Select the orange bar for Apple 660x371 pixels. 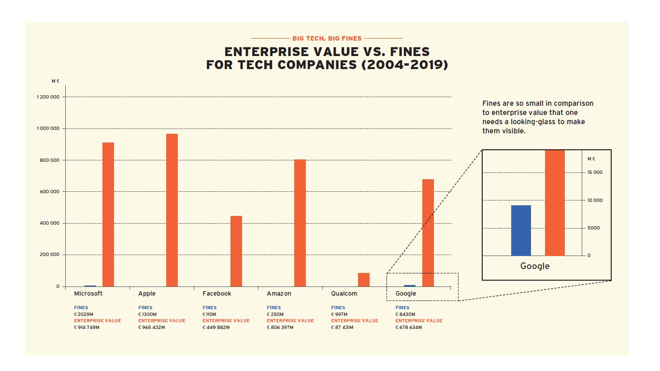pos(172,210)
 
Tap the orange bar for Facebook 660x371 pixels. pos(236,251)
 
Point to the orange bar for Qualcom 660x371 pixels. pos(364,280)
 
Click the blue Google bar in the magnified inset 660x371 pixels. pos(521,230)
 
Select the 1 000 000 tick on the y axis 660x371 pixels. pos(48,128)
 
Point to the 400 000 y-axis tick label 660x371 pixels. pos(48,223)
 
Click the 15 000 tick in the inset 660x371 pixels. pos(595,172)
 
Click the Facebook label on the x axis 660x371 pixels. pos(217,293)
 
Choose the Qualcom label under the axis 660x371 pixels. pos(344,293)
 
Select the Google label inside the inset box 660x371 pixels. pos(535,266)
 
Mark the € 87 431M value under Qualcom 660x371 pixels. pos(342,327)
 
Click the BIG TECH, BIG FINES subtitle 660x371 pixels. pos(327,38)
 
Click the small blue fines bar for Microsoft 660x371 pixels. pos(90,286)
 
